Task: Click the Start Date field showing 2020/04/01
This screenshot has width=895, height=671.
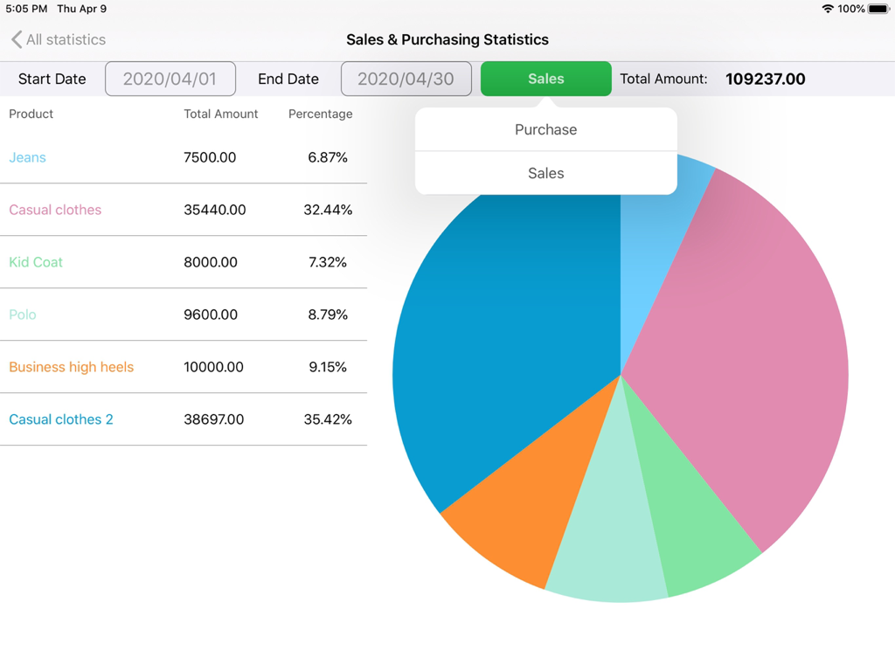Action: point(170,79)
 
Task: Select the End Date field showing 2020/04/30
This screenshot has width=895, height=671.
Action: point(406,79)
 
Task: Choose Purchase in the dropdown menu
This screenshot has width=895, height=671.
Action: point(545,129)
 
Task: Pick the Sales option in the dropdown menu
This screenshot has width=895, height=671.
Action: point(545,173)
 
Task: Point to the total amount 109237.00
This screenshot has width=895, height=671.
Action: point(766,79)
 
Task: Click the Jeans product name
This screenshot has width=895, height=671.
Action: point(27,157)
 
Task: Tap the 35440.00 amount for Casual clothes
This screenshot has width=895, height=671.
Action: point(215,210)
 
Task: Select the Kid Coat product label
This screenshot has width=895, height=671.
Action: point(36,262)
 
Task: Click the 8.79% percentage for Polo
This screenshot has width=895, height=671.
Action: point(328,315)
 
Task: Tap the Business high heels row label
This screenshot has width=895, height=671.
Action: point(72,367)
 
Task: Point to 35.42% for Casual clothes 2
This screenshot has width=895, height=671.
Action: point(328,419)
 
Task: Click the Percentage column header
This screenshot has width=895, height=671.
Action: point(321,114)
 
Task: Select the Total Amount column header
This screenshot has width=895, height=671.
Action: point(221,114)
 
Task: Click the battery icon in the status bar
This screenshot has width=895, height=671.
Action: point(878,9)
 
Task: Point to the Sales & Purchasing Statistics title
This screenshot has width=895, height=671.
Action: point(447,39)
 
